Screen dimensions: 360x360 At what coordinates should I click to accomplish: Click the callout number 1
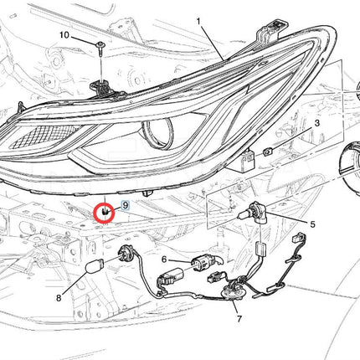(198, 21)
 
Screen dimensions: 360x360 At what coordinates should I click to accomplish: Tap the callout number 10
(64, 35)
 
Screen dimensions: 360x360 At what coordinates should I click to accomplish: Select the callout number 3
(316, 123)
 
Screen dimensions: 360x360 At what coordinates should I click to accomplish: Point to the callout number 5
(312, 224)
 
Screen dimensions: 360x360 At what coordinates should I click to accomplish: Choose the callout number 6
(164, 260)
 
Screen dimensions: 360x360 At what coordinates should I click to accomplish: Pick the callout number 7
(239, 319)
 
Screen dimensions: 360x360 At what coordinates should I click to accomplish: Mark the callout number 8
(59, 298)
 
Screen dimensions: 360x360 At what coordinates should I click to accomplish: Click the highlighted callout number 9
(126, 205)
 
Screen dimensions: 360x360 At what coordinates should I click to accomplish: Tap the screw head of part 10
(100, 44)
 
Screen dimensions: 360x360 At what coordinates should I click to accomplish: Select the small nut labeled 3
(268, 152)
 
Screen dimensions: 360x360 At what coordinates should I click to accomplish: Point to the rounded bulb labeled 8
(94, 266)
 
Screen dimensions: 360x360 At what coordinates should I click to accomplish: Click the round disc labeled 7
(234, 294)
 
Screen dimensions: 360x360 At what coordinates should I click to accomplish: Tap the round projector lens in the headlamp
(158, 133)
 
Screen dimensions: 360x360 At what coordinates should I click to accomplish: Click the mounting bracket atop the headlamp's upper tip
(272, 27)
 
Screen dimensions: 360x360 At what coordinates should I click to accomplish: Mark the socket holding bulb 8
(125, 252)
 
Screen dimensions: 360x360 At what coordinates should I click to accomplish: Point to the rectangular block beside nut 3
(248, 160)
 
